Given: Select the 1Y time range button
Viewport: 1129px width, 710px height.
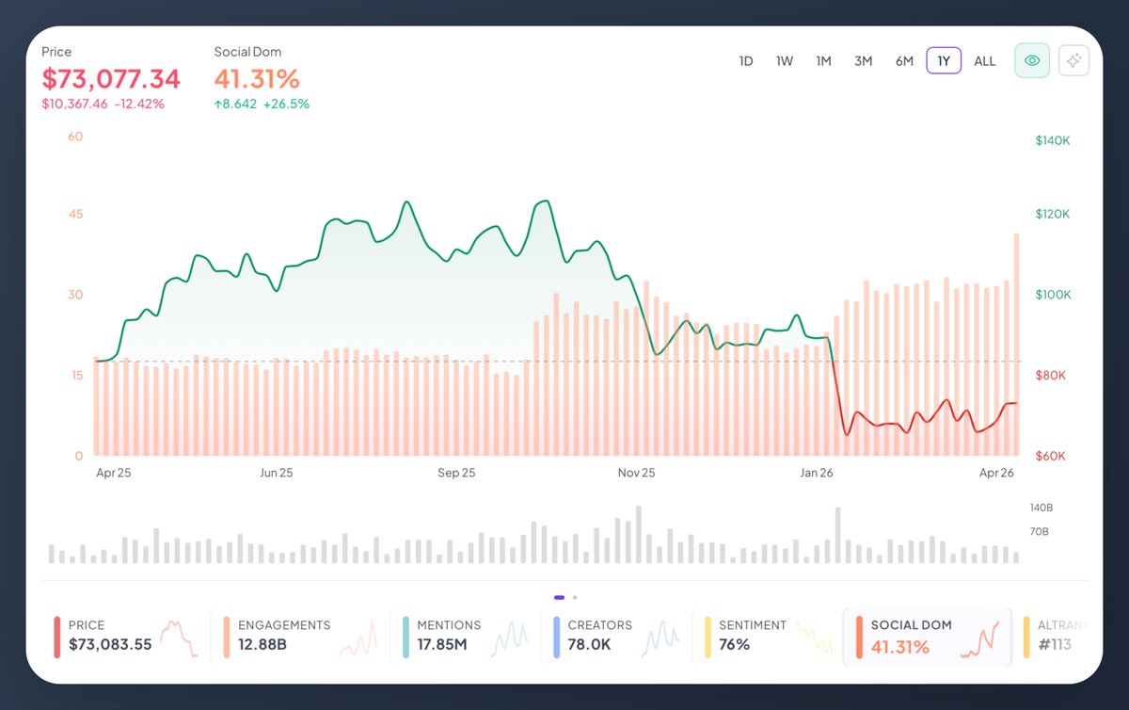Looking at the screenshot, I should (944, 61).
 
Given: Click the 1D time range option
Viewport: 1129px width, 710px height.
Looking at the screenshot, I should (746, 61).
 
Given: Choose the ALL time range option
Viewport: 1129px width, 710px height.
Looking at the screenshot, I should (984, 61).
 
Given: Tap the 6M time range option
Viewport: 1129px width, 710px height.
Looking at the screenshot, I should (904, 61).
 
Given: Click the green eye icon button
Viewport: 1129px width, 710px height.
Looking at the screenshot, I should (1032, 60).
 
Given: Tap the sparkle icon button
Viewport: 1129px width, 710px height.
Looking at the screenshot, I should (1073, 60).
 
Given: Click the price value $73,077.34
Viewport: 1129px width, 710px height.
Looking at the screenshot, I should (111, 78).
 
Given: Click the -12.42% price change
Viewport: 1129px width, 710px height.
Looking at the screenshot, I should (139, 104).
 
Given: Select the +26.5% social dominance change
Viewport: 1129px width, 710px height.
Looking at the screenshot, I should (287, 104).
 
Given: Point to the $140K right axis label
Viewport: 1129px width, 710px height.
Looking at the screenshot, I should (1053, 140).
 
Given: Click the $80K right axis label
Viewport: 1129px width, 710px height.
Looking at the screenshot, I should (1051, 376).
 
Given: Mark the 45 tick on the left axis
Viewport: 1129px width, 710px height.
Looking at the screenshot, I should (75, 214).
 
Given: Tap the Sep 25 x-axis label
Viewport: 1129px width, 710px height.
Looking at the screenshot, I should (455, 473).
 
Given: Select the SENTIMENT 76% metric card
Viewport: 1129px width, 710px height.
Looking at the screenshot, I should (764, 637).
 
